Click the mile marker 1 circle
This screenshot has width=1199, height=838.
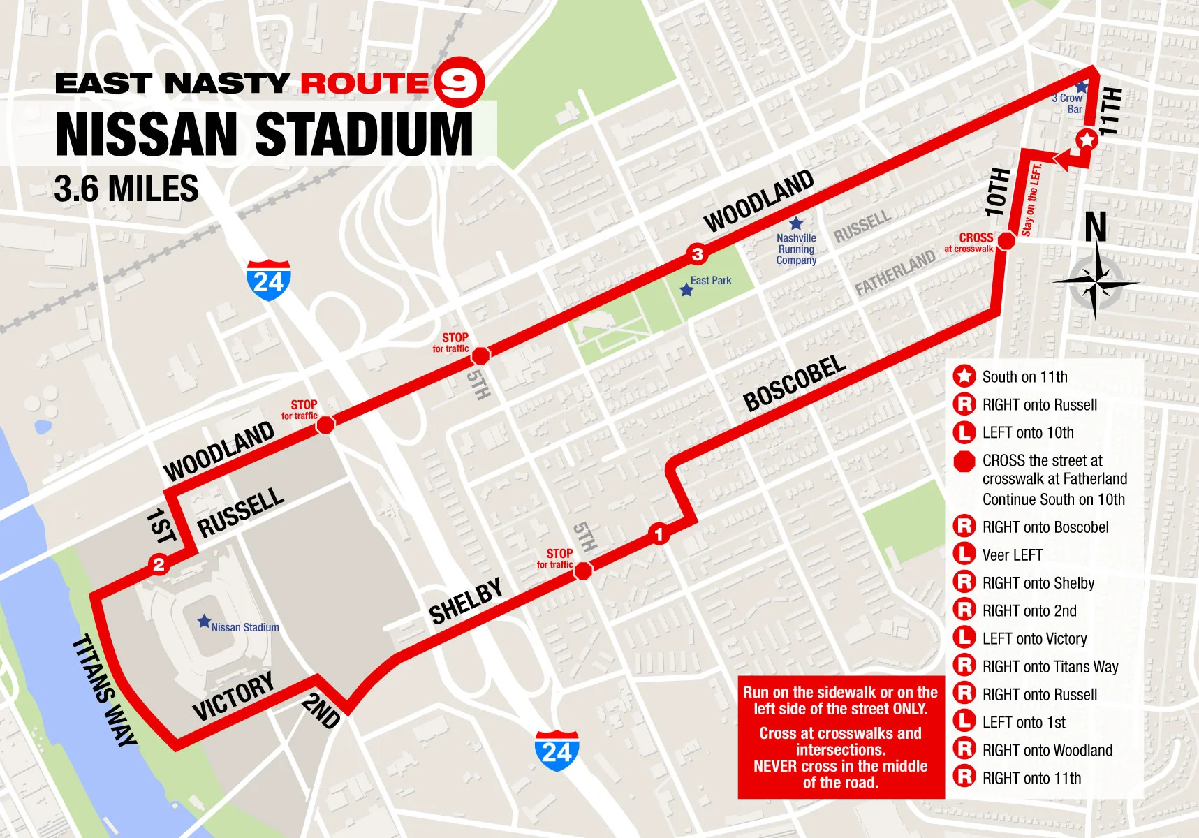(x=659, y=534)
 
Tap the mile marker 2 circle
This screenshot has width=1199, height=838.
(x=159, y=564)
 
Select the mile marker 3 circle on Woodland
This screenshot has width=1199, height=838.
(x=697, y=253)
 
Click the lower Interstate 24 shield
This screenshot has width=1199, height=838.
(x=557, y=751)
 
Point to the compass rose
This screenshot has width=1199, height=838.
(x=1095, y=281)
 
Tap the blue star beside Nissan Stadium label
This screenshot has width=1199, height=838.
(x=204, y=621)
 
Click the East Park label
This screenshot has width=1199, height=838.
(x=710, y=281)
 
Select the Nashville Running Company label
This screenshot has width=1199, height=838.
(x=796, y=249)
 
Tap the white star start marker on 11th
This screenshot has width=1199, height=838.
(x=1086, y=140)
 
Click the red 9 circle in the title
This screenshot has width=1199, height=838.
(x=459, y=82)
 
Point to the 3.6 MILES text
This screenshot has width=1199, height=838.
(x=126, y=189)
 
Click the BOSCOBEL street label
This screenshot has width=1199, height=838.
(x=795, y=383)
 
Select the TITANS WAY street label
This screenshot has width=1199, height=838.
(x=104, y=690)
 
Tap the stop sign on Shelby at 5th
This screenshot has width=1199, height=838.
(x=583, y=571)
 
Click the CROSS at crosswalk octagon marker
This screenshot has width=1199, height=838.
(x=1006, y=242)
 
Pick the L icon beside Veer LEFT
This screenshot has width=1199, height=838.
(x=964, y=554)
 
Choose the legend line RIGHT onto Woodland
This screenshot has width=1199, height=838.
(x=1047, y=750)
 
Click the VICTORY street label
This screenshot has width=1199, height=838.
(x=233, y=696)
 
